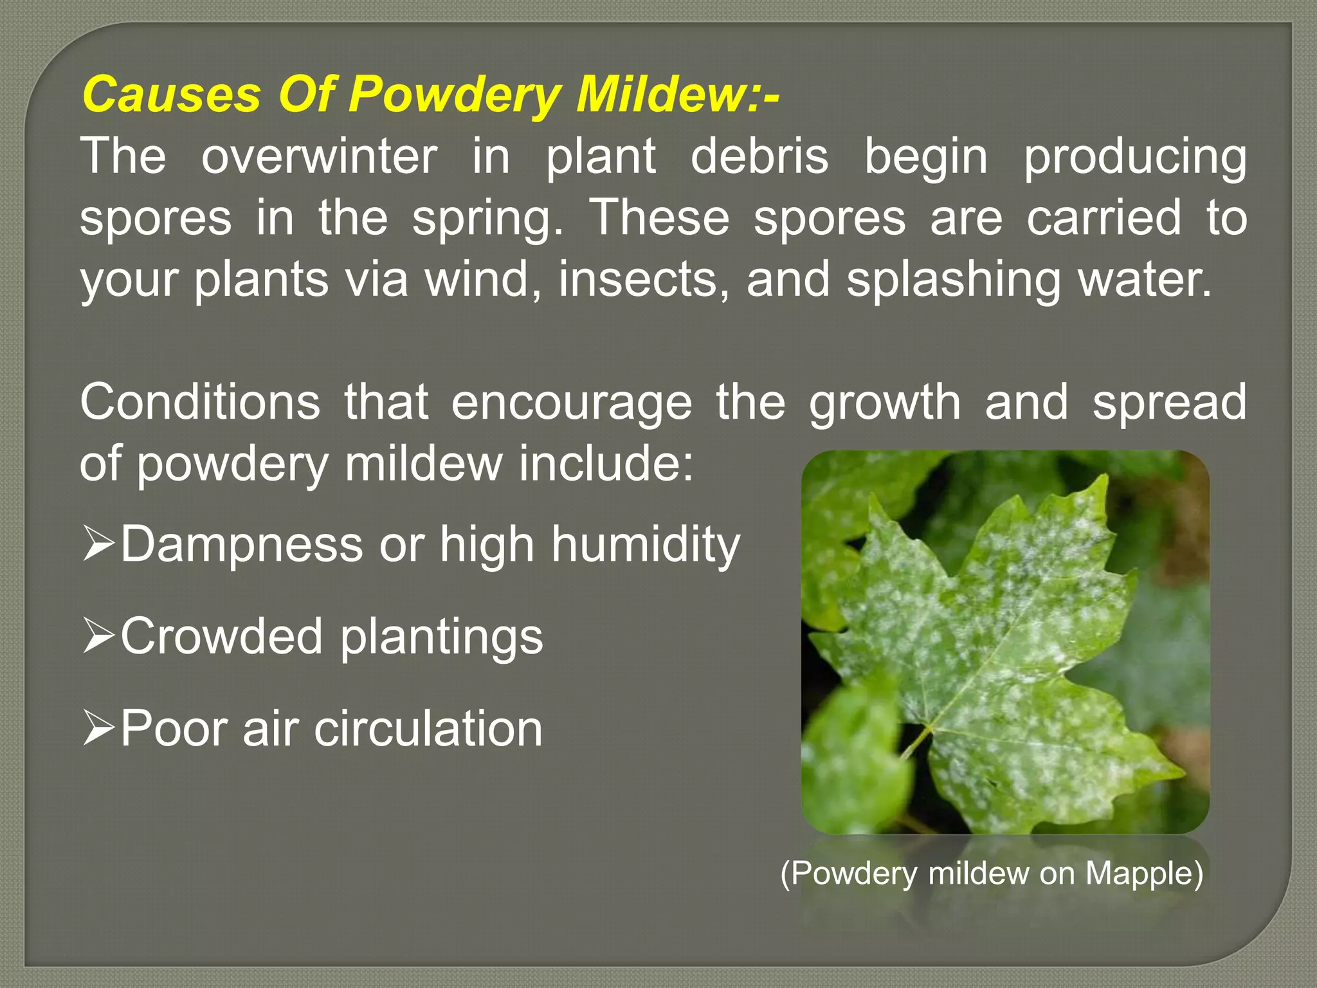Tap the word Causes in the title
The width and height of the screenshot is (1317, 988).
tap(171, 95)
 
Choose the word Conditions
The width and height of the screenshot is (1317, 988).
tap(200, 402)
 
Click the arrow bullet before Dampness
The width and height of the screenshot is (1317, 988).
tap(98, 544)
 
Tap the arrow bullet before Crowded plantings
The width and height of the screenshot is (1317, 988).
tap(98, 636)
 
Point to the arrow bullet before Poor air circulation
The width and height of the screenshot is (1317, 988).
tap(98, 728)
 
